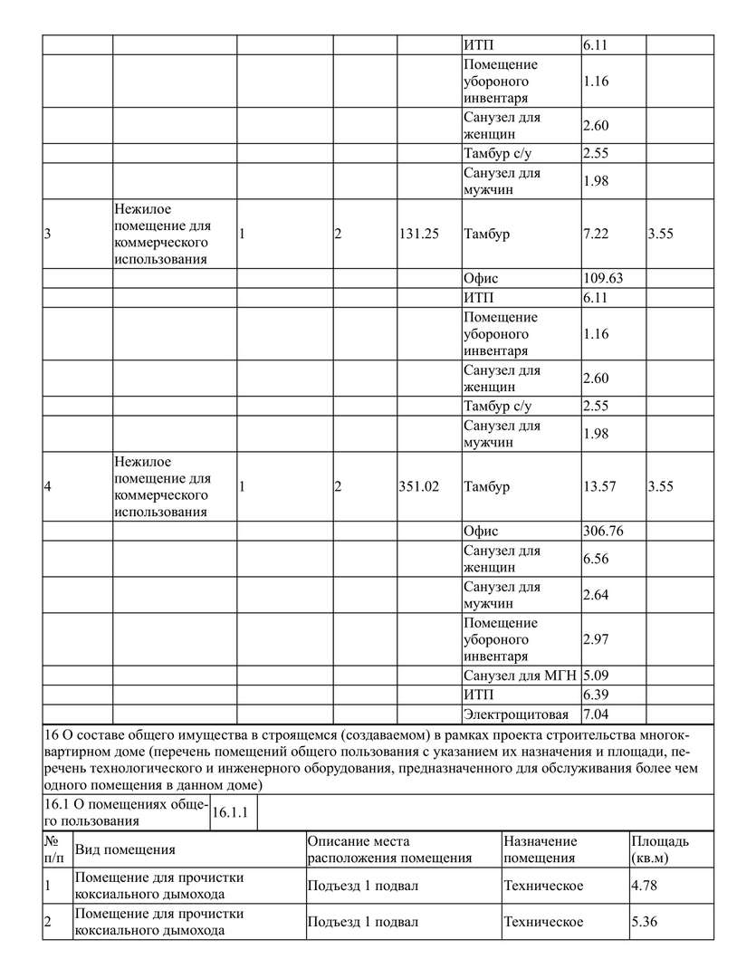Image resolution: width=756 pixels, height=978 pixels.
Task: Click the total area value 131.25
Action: pos(418,234)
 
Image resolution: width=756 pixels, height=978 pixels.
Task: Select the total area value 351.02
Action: pos(418,486)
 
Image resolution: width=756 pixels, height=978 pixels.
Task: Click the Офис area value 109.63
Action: pos(603,279)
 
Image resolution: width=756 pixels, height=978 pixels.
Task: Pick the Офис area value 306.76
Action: pos(603,532)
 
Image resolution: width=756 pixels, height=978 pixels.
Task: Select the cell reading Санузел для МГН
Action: pos(520,675)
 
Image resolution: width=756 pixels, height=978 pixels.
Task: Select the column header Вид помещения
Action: pos(125,849)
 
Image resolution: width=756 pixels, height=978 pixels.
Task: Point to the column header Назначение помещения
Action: pos(541,849)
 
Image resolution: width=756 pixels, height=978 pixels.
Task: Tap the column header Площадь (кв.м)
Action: pos(660,849)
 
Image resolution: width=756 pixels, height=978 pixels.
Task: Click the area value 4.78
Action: pos(644,885)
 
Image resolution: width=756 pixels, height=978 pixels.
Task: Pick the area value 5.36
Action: pos(644,922)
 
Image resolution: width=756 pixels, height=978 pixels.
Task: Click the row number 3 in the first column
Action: pos(47,234)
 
